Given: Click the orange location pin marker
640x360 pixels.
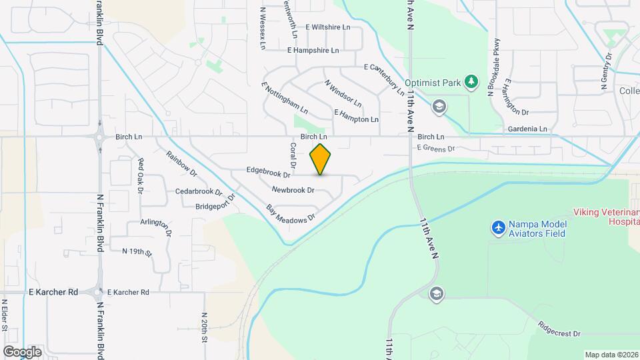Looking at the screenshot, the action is click(321, 159).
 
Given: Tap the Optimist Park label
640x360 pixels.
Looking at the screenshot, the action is click(438, 83).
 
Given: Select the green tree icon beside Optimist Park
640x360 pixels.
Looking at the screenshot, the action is click(472, 81).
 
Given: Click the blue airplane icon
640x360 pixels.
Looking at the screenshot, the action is click(497, 228).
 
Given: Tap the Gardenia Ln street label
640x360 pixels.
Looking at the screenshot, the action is click(527, 129).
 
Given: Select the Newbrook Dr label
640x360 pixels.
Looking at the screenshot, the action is click(293, 190).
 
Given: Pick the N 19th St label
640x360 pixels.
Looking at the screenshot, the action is click(137, 251).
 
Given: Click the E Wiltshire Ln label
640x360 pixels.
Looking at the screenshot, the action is click(327, 27).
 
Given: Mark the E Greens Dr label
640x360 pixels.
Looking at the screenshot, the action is click(435, 148).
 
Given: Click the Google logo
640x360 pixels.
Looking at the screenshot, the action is click(22, 351).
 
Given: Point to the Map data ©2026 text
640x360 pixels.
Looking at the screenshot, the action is click(610, 355).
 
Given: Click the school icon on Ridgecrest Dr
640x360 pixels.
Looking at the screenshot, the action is click(437, 294).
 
